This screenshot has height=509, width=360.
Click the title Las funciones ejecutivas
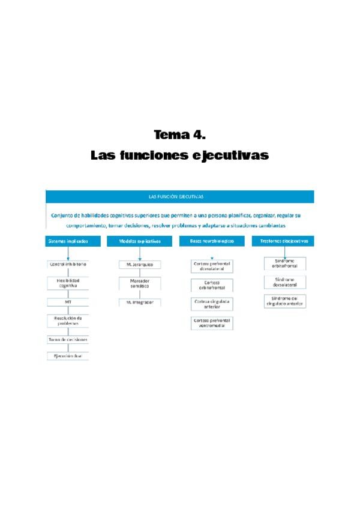pyautogui.click(x=179, y=155)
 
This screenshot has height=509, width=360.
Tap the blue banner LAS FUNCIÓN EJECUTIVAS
pyautogui.click(x=179, y=196)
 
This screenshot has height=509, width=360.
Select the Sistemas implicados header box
pyautogui.click(x=68, y=241)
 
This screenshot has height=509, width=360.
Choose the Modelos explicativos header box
pyautogui.click(x=140, y=241)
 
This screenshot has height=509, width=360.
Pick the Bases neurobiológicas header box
pyautogui.click(x=212, y=241)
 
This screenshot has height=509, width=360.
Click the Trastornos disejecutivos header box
pyautogui.click(x=284, y=241)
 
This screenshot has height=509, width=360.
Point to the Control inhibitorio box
pyautogui.click(x=68, y=264)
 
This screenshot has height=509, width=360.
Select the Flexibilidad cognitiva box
pyautogui.click(x=68, y=283)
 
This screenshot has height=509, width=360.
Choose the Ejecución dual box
pyautogui.click(x=68, y=356)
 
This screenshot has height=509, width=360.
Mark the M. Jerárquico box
pyautogui.click(x=140, y=264)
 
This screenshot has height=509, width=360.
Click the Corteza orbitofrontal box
pyautogui.click(x=212, y=285)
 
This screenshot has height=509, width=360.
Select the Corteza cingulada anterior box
pyautogui.click(x=212, y=304)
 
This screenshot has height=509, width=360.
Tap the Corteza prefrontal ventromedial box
pyautogui.click(x=212, y=323)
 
